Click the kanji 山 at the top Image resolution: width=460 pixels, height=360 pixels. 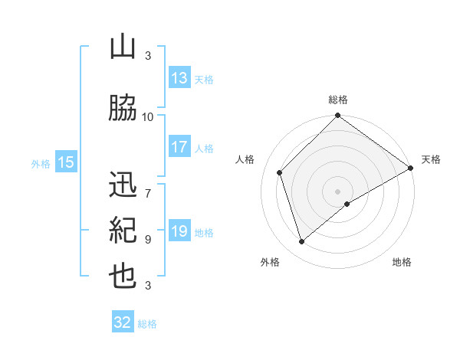coord(123,47)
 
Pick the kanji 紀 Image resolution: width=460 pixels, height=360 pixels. coord(123,230)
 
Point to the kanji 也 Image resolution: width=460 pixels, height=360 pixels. coord(123,277)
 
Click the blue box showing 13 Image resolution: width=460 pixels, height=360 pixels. coord(179,78)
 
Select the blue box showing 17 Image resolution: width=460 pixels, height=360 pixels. coord(179,147)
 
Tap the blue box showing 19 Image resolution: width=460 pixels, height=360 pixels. coord(179,231)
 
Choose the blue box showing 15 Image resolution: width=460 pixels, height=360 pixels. coord(66,162)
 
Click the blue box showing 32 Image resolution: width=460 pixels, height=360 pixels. coord(123,322)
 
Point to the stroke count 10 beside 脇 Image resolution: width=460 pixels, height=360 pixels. coord(148,116)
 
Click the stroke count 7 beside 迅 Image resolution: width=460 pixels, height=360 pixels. coord(148,185)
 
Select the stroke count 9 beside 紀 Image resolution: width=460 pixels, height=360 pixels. coord(148,239)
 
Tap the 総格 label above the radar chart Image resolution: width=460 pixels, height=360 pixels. coord(338,100)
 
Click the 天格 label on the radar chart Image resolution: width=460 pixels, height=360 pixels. coord(431,159)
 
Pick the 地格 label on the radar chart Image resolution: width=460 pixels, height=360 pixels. coord(402,263)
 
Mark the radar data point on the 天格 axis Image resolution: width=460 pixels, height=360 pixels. coord(411,167)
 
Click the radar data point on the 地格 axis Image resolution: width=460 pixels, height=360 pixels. coord(347,204)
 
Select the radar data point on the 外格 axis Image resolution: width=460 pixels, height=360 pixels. coord(301,242)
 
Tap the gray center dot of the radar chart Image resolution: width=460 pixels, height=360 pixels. coord(337,191)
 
